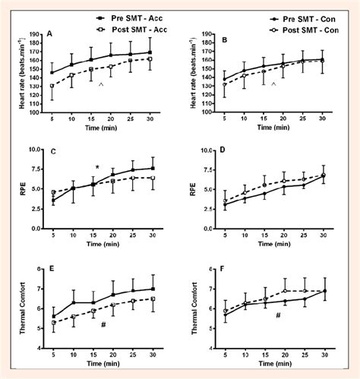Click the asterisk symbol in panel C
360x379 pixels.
(x=97, y=169)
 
